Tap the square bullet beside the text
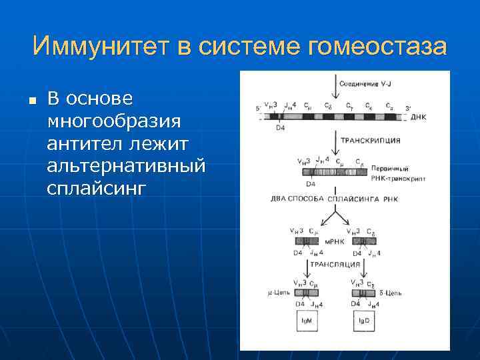click(x=31, y=101)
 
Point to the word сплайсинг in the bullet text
click(x=95, y=188)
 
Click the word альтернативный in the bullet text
click(x=126, y=165)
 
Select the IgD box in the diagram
click(x=364, y=321)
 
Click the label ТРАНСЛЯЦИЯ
click(x=336, y=265)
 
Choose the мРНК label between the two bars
click(x=333, y=241)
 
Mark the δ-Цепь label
click(x=391, y=293)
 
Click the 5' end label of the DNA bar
click(x=258, y=107)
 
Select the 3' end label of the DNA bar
click(x=408, y=107)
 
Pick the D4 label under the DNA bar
click(x=280, y=128)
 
